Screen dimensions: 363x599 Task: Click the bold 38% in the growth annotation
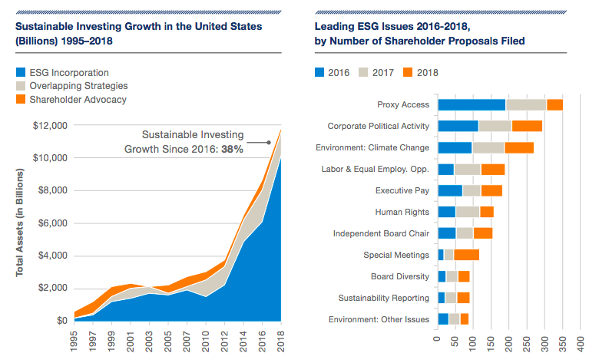232,149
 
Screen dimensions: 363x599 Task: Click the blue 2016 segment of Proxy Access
471,105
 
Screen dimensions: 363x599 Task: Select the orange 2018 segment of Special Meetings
466,255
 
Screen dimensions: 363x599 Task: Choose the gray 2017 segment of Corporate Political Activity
495,126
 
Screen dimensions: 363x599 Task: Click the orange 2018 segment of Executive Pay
491,190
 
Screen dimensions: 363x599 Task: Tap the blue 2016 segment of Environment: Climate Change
454,147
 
